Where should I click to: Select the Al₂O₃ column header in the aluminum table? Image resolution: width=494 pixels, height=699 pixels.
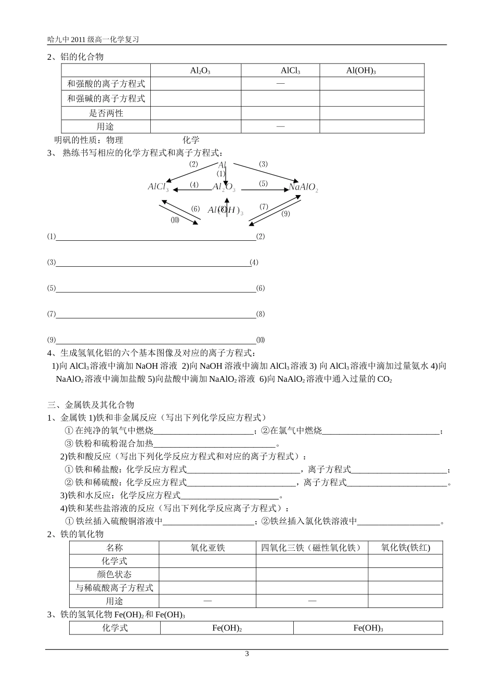[200, 71]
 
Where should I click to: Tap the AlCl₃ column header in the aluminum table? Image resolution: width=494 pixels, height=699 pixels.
[290, 71]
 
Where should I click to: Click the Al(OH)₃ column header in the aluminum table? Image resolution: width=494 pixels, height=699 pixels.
[361, 71]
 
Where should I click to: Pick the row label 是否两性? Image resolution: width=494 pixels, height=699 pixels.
[106, 113]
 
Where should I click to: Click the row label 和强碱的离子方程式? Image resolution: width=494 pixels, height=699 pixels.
[106, 98]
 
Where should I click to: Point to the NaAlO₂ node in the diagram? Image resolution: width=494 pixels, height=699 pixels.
[303, 187]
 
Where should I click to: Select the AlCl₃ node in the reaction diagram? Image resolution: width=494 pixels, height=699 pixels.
[158, 187]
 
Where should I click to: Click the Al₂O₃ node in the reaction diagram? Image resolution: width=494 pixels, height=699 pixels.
[224, 187]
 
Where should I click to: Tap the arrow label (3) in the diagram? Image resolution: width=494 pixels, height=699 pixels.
[263, 164]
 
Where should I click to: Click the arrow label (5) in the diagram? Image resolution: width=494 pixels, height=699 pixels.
[263, 184]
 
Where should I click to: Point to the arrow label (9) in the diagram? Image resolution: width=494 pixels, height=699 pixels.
[285, 213]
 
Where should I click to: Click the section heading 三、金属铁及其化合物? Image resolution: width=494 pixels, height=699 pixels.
[91, 405]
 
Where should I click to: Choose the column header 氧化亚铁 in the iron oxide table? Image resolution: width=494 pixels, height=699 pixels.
[207, 548]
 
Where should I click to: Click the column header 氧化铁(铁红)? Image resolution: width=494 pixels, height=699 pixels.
[405, 548]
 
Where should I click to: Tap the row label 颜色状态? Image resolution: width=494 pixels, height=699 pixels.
[114, 574]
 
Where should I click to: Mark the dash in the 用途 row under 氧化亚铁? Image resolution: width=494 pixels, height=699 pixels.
[207, 601]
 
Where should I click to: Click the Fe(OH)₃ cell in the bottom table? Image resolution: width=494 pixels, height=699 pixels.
[368, 628]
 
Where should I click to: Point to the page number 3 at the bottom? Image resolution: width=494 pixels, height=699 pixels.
[247, 654]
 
